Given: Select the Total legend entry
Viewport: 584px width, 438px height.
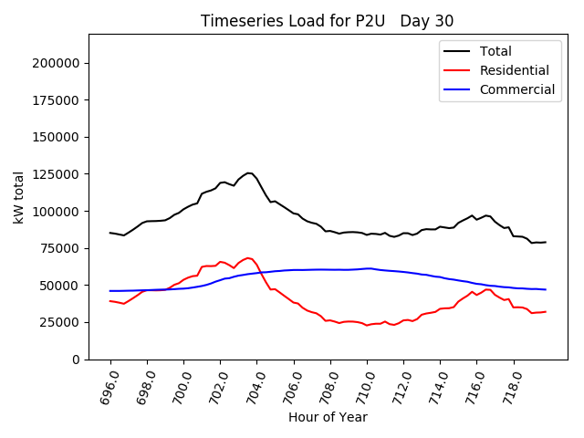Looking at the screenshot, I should point(496,51).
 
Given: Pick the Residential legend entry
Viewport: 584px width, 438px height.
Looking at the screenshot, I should point(515,70).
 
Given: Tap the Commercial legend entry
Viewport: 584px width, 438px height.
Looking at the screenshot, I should point(517,89).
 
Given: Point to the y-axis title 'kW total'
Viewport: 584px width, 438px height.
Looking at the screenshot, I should point(18,196).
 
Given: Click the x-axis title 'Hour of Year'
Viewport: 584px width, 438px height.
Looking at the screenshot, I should point(328,417).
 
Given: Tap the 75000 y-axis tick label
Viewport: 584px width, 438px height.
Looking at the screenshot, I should point(58,248).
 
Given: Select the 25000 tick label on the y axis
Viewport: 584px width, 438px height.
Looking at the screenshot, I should point(58,322).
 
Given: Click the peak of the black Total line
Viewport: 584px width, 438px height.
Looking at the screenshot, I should point(248,172).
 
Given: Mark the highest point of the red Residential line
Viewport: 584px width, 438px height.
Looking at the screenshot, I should point(248,257).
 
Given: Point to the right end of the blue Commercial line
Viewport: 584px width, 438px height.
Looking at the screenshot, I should point(546,289).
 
